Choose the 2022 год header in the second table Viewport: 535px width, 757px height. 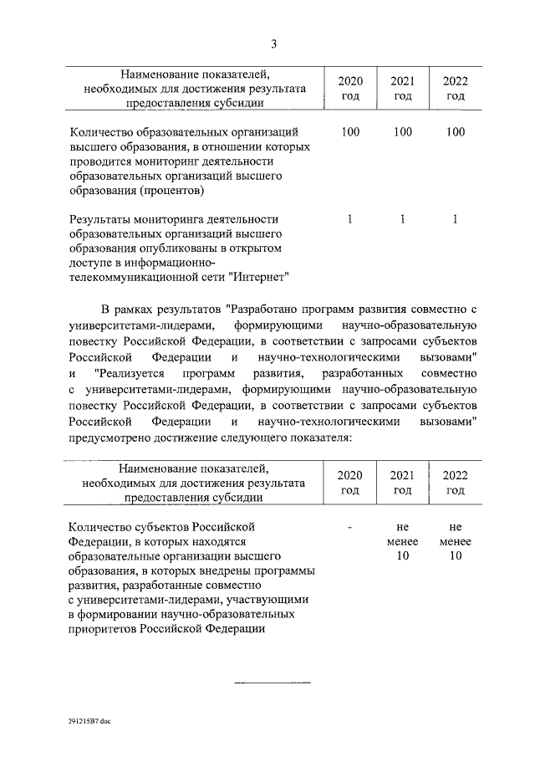tap(455, 482)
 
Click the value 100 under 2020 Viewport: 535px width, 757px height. tap(350, 132)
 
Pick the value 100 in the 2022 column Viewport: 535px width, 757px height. tap(455, 132)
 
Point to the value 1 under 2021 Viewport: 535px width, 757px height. tap(402, 219)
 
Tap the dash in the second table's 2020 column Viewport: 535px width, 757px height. tap(350, 527)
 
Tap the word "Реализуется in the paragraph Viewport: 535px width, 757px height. tap(135, 372)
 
